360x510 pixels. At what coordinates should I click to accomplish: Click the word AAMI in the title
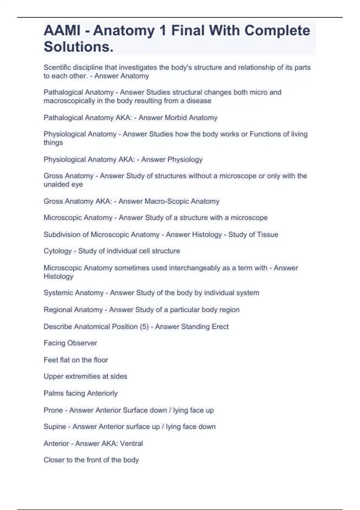click(62, 31)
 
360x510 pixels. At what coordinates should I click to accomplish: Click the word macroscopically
click(69, 101)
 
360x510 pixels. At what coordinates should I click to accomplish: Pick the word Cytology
click(58, 251)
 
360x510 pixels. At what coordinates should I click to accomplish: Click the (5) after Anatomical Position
click(144, 326)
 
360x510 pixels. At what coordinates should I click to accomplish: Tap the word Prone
click(53, 410)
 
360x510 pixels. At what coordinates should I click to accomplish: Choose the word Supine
click(55, 427)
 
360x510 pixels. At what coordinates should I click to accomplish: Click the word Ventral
click(131, 443)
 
